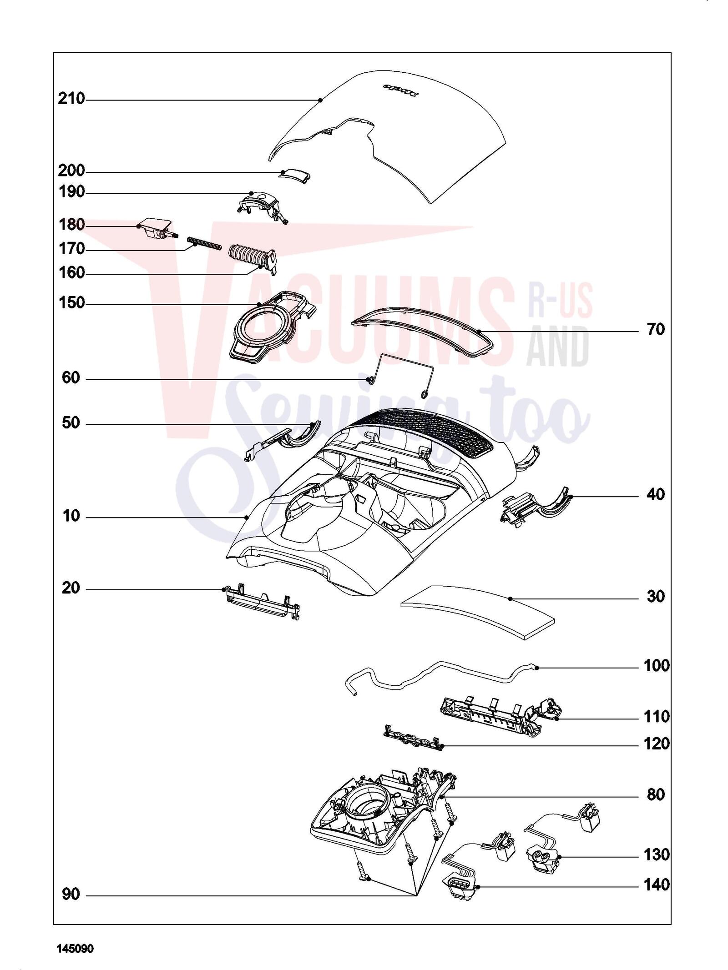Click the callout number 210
tap(71, 99)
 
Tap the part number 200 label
tap(71, 171)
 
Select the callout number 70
tap(656, 329)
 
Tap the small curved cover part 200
tap(294, 175)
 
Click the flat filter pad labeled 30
tap(478, 613)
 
